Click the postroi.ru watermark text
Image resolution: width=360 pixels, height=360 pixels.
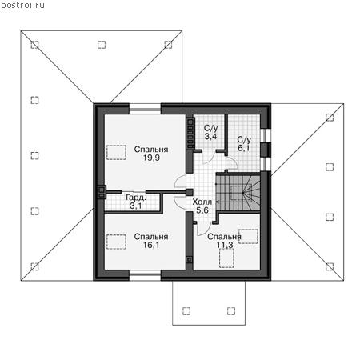coord(22,6)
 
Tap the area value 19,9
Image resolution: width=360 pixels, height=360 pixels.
coord(151,158)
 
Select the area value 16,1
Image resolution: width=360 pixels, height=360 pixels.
coord(151,245)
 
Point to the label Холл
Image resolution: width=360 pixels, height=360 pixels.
coord(202,202)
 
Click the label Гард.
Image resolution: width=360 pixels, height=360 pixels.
coord(136,198)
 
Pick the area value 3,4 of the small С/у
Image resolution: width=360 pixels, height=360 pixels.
coord(210,136)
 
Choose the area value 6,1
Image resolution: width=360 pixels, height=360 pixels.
coord(244,148)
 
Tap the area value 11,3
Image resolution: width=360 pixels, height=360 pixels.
coord(225,245)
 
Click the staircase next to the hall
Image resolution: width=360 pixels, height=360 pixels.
coord(238,192)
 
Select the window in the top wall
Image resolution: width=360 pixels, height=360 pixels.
coord(145,109)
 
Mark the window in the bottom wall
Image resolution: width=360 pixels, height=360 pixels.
coord(145,275)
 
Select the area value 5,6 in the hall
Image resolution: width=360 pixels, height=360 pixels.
coord(202,210)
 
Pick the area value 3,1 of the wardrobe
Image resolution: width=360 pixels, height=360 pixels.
coord(136,206)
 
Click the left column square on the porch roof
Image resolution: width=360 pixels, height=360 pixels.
coord(186,311)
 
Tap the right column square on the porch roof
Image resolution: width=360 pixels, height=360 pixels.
coord(231,311)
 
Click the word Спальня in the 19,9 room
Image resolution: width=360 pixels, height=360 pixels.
coord(151,150)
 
